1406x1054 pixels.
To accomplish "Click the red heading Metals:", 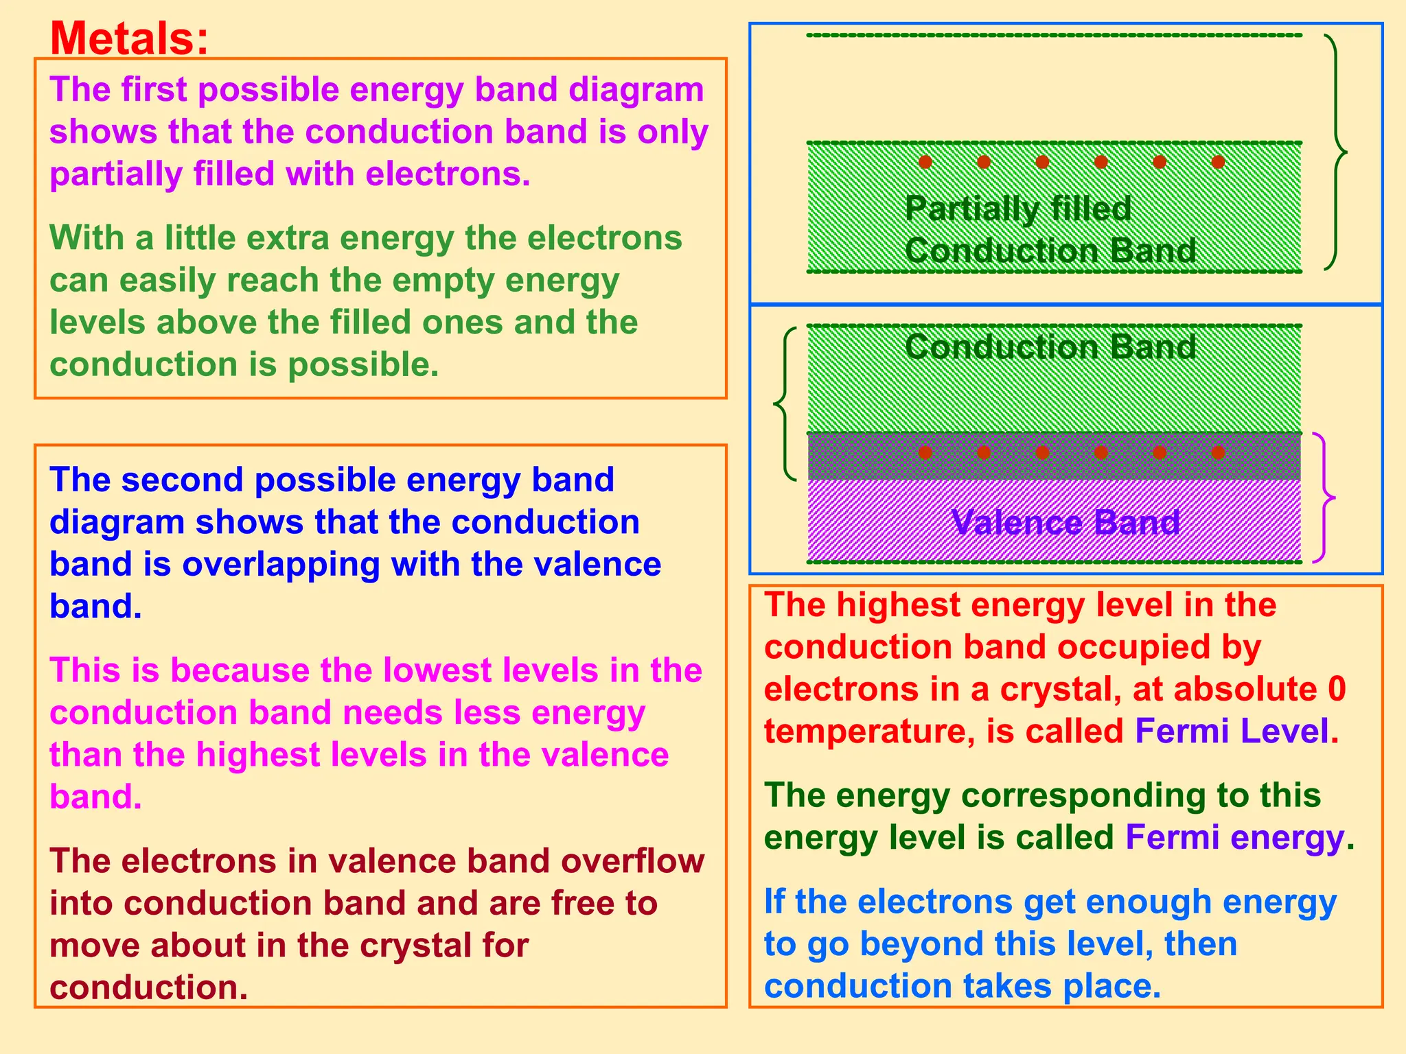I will click(x=129, y=38).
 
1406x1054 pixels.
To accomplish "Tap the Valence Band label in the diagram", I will click(x=1065, y=523).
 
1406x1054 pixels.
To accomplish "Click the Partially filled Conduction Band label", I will click(x=1050, y=230).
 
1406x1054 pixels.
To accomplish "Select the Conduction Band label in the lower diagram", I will click(x=1050, y=347).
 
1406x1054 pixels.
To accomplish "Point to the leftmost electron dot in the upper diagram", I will click(x=925, y=162).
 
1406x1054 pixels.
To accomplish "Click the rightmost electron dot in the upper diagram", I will click(x=1219, y=162).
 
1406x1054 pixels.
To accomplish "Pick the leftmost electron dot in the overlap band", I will click(x=925, y=452).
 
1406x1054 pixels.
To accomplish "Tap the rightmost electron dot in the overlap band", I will click(x=1219, y=452).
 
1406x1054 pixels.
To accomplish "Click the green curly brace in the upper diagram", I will click(x=1336, y=152).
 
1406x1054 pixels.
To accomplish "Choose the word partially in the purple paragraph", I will click(x=115, y=174).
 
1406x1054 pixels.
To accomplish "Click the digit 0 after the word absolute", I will click(x=1336, y=690).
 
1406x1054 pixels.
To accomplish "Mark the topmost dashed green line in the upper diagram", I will click(x=1054, y=35).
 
